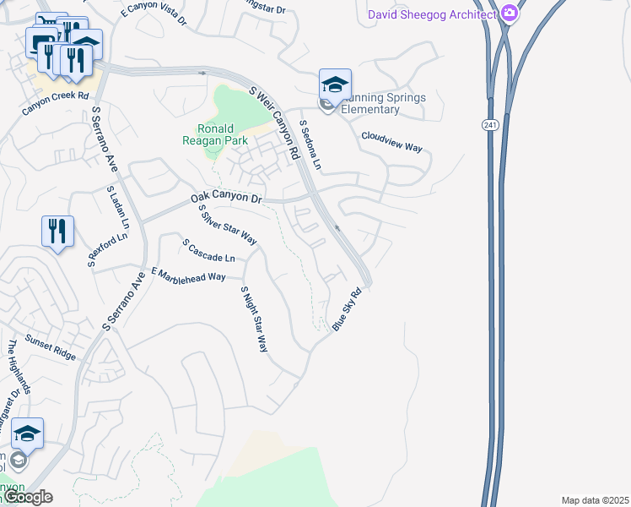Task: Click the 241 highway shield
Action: tap(488, 125)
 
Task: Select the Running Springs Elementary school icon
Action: tap(335, 86)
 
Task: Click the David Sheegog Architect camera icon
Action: tap(509, 13)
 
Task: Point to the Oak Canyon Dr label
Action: tap(226, 197)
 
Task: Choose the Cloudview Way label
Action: tap(391, 141)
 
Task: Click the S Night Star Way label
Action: tap(253, 319)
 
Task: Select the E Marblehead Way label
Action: tap(188, 275)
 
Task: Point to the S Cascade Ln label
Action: tap(208, 250)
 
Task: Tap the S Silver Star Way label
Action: tap(227, 225)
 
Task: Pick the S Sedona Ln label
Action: tap(311, 144)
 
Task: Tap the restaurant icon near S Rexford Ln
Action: tap(57, 231)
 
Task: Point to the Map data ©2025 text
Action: tap(594, 500)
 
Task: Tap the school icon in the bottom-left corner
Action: tap(27, 434)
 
